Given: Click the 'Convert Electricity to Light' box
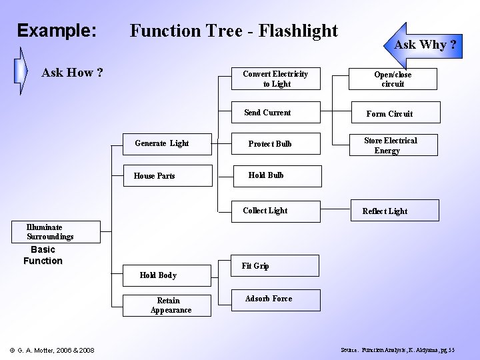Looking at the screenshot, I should tap(275, 79).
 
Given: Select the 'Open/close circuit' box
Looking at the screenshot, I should tap(393, 79).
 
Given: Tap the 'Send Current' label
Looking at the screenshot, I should tap(267, 113).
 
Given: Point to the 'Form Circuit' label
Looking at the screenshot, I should tap(389, 114).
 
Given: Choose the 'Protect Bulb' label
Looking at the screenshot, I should tap(270, 144).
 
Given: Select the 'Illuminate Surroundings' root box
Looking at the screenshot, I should tap(50, 232).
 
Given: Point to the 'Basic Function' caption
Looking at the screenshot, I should tap(43, 255).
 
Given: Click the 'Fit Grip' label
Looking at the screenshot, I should tap(255, 266).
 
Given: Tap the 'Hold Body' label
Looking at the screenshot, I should tap(158, 275).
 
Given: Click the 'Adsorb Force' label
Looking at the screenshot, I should tap(268, 299).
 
